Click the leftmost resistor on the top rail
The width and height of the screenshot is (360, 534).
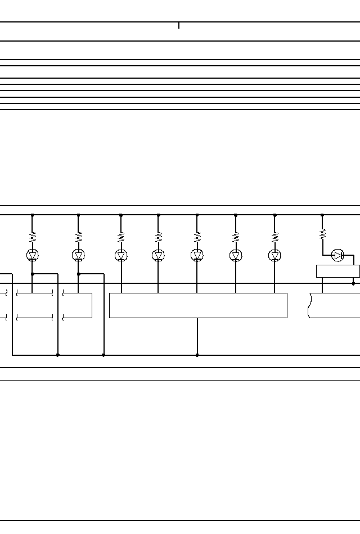(x=33, y=236)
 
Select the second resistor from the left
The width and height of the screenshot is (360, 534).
(x=79, y=236)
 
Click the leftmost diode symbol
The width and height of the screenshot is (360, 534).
(x=33, y=255)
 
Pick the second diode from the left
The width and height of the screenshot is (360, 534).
(x=79, y=255)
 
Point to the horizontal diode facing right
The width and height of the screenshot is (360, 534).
(x=337, y=255)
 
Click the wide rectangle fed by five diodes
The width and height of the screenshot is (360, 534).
(x=198, y=305)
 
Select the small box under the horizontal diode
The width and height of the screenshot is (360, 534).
(x=337, y=271)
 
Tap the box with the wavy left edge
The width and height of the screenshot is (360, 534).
(x=335, y=305)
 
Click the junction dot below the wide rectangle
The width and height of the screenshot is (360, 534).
(x=197, y=355)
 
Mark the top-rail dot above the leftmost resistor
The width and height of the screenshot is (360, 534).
(x=33, y=215)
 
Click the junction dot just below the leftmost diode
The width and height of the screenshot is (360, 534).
(x=33, y=274)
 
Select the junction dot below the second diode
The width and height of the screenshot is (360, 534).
(x=79, y=274)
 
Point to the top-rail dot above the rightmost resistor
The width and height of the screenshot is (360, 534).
(x=322, y=215)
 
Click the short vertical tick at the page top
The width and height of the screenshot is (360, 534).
(x=179, y=25)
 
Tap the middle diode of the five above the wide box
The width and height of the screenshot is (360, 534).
(x=197, y=255)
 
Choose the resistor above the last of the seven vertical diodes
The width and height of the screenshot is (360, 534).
(x=275, y=236)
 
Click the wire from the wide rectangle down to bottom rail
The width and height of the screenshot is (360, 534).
(x=197, y=336)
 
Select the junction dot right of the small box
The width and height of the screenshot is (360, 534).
(x=353, y=283)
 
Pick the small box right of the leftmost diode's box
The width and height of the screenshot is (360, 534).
(x=78, y=305)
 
